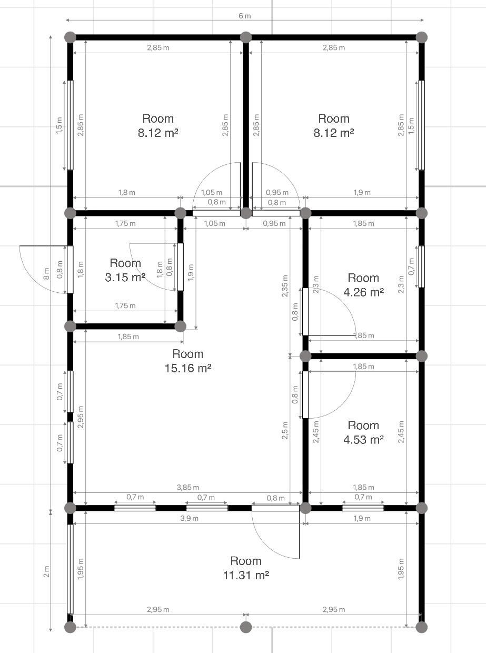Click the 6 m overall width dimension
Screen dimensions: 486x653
tap(245, 16)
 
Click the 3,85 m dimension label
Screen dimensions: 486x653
tap(188, 487)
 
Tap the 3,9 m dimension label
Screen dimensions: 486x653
tap(189, 518)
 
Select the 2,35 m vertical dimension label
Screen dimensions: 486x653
tap(285, 286)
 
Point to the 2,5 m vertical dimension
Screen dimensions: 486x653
tap(285, 430)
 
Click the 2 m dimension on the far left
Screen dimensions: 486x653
tap(46, 571)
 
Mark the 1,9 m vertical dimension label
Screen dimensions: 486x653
tap(191, 272)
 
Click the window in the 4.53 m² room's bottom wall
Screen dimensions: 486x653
tap(363, 508)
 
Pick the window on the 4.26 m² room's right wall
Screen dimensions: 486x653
tap(422, 266)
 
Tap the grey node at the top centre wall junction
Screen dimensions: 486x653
tap(246, 37)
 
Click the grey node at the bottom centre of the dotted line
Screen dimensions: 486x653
tap(246, 627)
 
